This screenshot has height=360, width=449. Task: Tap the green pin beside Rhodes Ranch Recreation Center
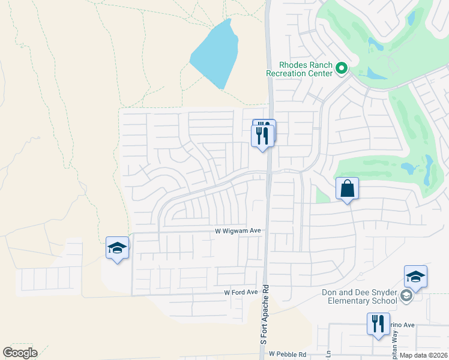point(342,68)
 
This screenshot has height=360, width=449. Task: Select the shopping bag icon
point(348,188)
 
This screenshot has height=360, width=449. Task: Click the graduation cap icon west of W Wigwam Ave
point(118,248)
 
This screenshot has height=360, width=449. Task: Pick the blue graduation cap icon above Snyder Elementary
point(415,277)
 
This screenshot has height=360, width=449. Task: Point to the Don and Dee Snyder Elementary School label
point(360,296)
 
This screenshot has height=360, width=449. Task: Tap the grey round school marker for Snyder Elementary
point(407,296)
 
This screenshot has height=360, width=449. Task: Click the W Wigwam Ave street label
point(238,231)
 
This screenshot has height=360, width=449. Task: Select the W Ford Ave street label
point(241,292)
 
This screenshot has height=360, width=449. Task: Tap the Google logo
point(20,353)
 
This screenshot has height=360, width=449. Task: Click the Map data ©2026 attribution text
point(423,355)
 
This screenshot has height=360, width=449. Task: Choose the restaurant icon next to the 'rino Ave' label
point(379,323)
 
